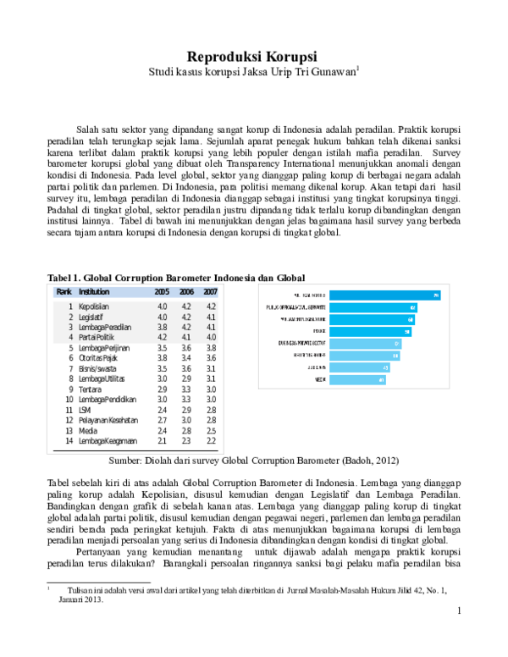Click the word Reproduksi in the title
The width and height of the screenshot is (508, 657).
pyautogui.click(x=223, y=57)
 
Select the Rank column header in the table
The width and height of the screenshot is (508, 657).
pyautogui.click(x=63, y=291)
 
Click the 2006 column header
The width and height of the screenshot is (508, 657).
pyautogui.click(x=186, y=291)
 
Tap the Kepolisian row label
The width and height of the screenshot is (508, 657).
pyautogui.click(x=93, y=306)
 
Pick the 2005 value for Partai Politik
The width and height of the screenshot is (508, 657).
pyautogui.click(x=162, y=337)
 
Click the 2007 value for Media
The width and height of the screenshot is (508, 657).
pyautogui.click(x=212, y=430)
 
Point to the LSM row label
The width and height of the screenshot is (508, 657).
pyautogui.click(x=85, y=410)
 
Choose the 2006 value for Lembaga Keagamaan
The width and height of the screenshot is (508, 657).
pyautogui.click(x=186, y=441)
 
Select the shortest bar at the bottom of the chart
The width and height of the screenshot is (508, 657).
pyautogui.click(x=357, y=380)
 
